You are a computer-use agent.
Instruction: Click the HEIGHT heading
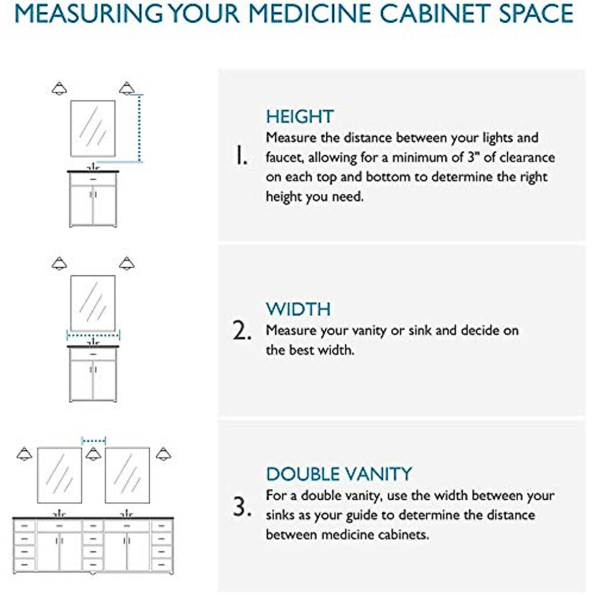coord(299,117)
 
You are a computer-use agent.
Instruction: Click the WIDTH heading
coord(298,309)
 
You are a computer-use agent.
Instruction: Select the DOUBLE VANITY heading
coord(339,474)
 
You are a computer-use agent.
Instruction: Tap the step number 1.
coord(241,156)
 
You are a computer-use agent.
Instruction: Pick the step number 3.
coord(242,507)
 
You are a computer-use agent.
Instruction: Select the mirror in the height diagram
coord(93,128)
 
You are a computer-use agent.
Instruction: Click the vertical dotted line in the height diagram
coord(140,128)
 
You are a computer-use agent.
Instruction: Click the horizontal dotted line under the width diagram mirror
coord(93,335)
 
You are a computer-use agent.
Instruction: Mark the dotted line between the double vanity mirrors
coord(94,440)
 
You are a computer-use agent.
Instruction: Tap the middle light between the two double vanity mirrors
coord(93,454)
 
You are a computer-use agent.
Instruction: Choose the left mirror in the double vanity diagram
coord(59,475)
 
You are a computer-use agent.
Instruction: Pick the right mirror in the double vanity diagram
coord(127,475)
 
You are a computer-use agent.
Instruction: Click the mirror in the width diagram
coord(93,303)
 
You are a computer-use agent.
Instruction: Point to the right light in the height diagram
coord(127,89)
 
